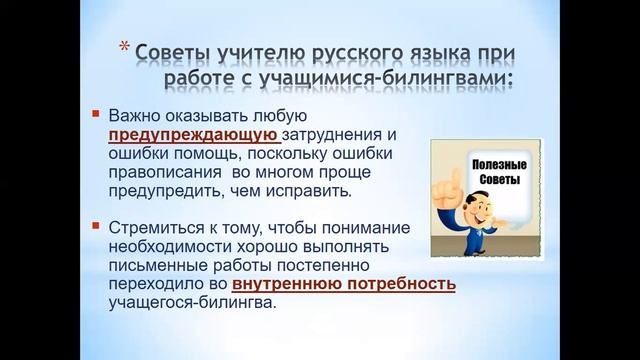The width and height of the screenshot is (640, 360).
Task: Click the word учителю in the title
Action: pyautogui.click(x=245, y=50)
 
